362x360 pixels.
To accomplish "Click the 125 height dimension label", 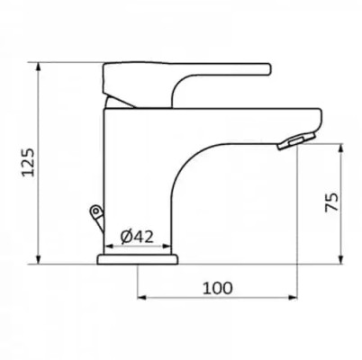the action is point(29,162).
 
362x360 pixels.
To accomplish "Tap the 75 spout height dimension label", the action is point(331,202).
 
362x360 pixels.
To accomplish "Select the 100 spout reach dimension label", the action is point(218,288).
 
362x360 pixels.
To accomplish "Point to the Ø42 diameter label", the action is point(137,237).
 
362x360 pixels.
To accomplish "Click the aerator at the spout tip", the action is point(296,141).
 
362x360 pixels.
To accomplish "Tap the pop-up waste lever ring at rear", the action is point(95,211).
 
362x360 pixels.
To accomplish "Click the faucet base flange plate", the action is point(138,259).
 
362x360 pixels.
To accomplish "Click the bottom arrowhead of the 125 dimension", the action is point(39,260).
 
